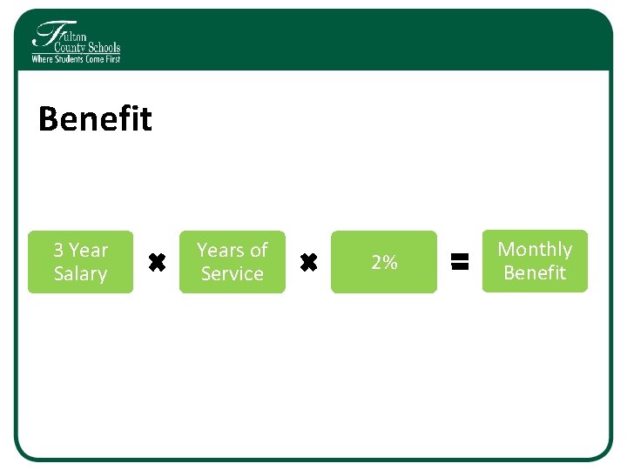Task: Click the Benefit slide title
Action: tap(95, 119)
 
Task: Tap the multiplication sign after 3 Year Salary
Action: tap(157, 261)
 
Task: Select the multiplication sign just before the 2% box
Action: tap(308, 261)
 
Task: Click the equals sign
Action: tap(460, 260)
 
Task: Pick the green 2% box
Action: tap(384, 261)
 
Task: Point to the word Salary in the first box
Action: tap(80, 273)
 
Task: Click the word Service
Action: tap(232, 273)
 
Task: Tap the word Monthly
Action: tap(535, 249)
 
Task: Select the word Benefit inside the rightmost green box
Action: tap(535, 272)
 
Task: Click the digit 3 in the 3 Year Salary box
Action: tap(58, 250)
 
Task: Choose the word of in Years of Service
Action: tap(259, 250)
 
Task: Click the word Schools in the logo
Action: tap(103, 49)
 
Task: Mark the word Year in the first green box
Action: tap(88, 250)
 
